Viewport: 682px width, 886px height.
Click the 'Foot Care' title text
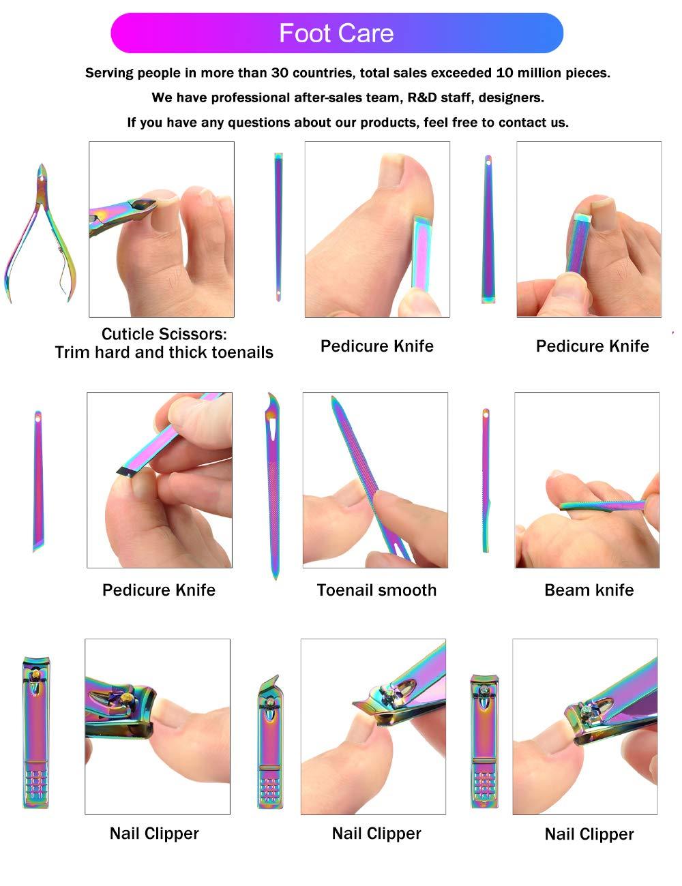pyautogui.click(x=336, y=33)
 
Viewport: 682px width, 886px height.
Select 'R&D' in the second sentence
pyautogui.click(x=421, y=97)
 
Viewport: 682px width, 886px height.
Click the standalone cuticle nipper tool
pyautogui.click(x=40, y=233)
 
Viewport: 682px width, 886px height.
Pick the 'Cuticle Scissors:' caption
pyautogui.click(x=164, y=334)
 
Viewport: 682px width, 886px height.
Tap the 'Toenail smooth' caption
pyautogui.click(x=376, y=590)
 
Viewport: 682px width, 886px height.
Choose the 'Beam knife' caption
pyautogui.click(x=589, y=590)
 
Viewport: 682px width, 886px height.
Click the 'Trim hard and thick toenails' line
pyautogui.click(x=164, y=352)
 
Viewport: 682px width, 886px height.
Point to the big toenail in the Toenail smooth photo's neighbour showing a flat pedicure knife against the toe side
pyautogui.click(x=391, y=170)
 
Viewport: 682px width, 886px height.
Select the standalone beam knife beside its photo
pyautogui.click(x=486, y=480)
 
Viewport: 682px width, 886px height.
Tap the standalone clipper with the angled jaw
pyautogui.click(x=270, y=742)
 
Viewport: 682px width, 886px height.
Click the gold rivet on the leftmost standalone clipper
pyautogui.click(x=36, y=675)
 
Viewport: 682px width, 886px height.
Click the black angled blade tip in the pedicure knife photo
pyautogui.click(x=125, y=472)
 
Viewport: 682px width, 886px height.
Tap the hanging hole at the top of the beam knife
pyautogui.click(x=486, y=414)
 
